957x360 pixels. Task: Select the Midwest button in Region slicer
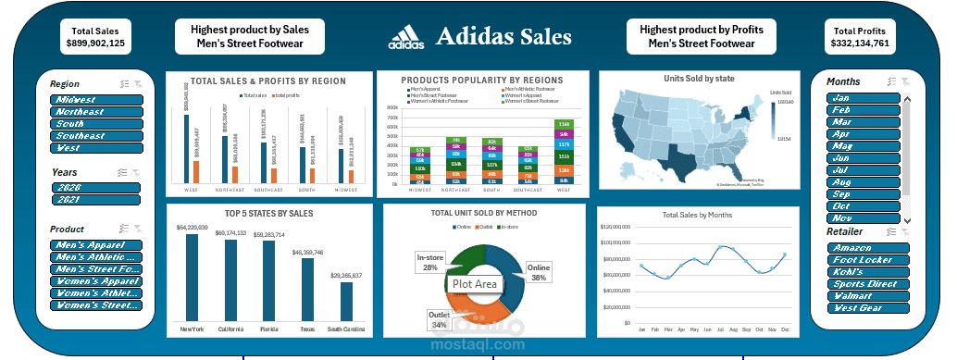click(x=97, y=100)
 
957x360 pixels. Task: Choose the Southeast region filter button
click(x=97, y=136)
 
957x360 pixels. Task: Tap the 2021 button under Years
click(x=96, y=199)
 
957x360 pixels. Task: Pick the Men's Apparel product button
click(x=97, y=245)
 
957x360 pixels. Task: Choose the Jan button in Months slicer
click(x=863, y=98)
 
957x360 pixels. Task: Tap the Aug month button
click(x=863, y=182)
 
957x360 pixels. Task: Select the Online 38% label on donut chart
click(x=538, y=271)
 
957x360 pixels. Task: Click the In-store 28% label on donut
click(x=429, y=262)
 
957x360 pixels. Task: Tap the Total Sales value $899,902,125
click(x=96, y=43)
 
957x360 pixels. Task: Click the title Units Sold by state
click(x=699, y=79)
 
